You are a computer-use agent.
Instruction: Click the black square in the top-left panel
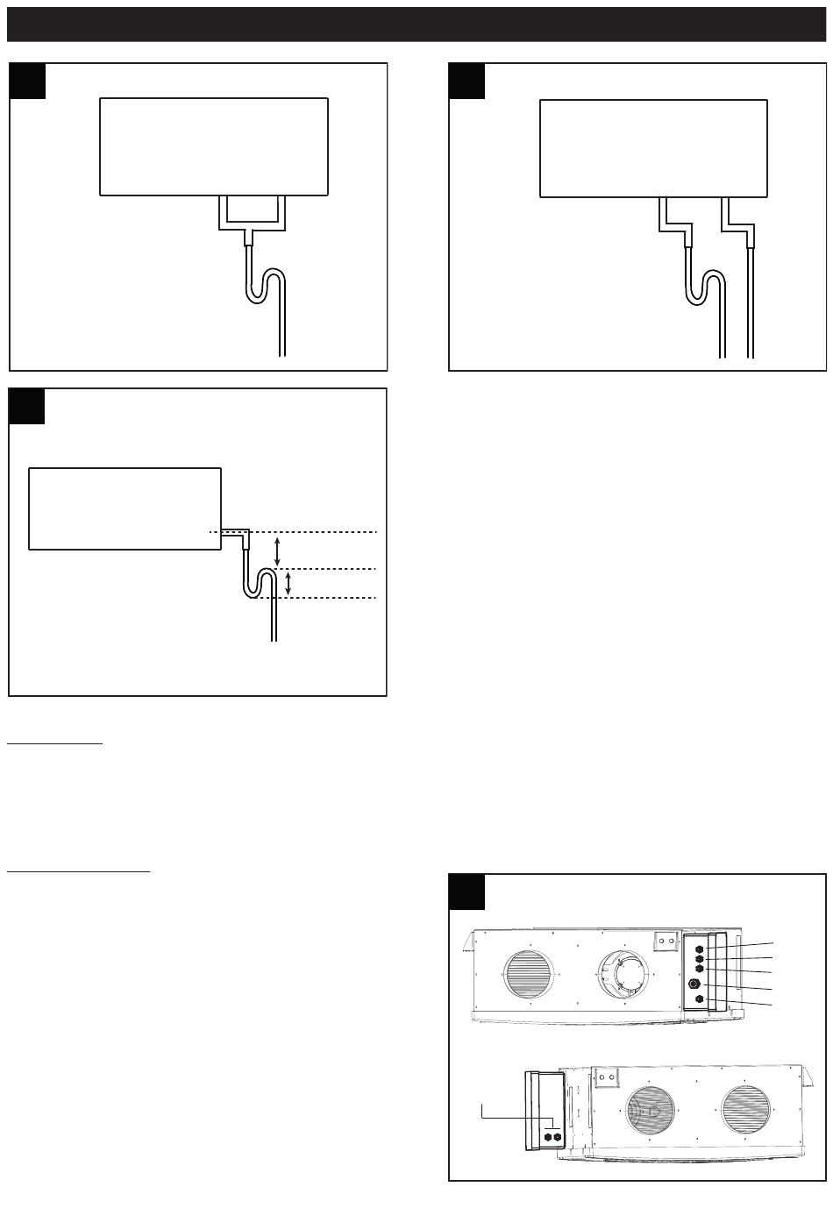[x=27, y=81]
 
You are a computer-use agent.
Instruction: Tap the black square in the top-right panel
[x=466, y=81]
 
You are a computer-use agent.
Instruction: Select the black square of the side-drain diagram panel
[x=27, y=406]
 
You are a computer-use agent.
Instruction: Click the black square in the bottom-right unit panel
[x=466, y=892]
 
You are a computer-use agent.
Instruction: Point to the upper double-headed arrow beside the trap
[x=279, y=551]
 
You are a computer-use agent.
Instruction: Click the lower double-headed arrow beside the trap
[x=288, y=583]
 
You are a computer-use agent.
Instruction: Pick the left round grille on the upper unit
[x=530, y=972]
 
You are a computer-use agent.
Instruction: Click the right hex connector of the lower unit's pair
[x=557, y=1136]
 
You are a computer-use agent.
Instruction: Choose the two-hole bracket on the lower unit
[x=603, y=1078]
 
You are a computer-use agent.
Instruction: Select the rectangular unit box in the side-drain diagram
[x=125, y=508]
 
